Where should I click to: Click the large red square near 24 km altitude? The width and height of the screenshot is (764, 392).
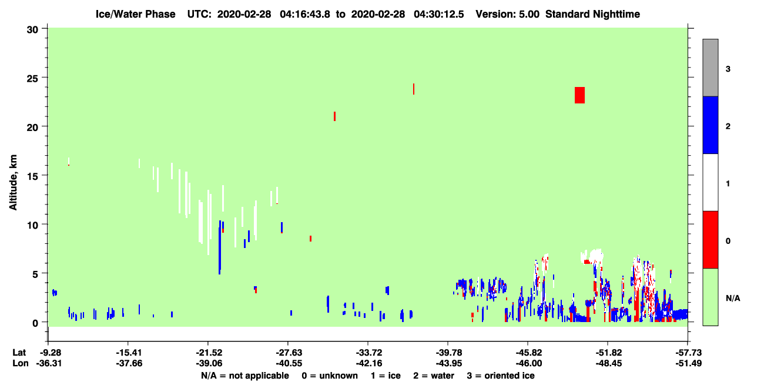pyautogui.click(x=579, y=95)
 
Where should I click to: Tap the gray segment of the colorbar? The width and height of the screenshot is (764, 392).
pyautogui.click(x=710, y=68)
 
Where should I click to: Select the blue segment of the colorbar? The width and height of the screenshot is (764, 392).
pyautogui.click(x=710, y=125)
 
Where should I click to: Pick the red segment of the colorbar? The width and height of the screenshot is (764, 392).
pyautogui.click(x=710, y=240)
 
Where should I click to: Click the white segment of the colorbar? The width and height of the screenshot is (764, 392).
pyautogui.click(x=710, y=182)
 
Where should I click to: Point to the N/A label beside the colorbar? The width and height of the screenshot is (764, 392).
pyautogui.click(x=733, y=299)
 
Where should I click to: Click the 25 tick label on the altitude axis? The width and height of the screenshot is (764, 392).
pyautogui.click(x=32, y=79)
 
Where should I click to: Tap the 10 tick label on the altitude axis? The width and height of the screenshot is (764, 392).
pyautogui.click(x=32, y=226)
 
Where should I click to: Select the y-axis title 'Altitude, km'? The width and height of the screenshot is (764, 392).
pyautogui.click(x=13, y=182)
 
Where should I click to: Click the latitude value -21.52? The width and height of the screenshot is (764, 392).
pyautogui.click(x=209, y=353)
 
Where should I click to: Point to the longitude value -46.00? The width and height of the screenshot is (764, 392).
pyautogui.click(x=529, y=363)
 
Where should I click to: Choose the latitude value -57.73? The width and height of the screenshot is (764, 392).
pyautogui.click(x=689, y=353)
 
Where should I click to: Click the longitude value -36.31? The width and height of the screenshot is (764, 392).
pyautogui.click(x=49, y=363)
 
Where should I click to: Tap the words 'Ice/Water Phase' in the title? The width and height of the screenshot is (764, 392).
pyautogui.click(x=135, y=14)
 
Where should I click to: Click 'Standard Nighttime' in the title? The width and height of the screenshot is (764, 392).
pyautogui.click(x=592, y=14)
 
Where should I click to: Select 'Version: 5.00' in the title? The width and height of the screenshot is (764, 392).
pyautogui.click(x=508, y=14)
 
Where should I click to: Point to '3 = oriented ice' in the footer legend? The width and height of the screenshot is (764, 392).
pyautogui.click(x=501, y=376)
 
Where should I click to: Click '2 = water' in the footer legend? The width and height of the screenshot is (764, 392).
pyautogui.click(x=434, y=376)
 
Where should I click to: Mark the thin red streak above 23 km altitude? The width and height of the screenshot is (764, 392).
pyautogui.click(x=414, y=89)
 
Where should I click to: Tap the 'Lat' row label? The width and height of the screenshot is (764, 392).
pyautogui.click(x=19, y=353)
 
